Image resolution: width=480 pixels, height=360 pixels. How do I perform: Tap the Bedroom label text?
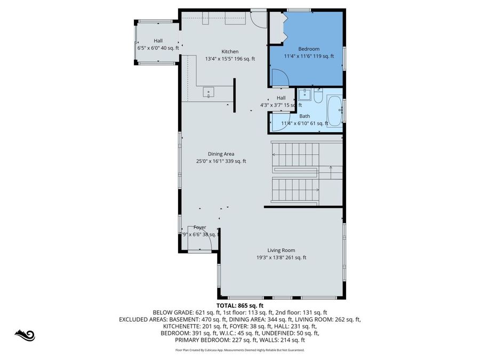pos(308,49)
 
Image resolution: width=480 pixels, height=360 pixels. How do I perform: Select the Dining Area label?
pos(221,154)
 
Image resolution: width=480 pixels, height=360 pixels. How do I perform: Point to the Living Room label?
pos(281,250)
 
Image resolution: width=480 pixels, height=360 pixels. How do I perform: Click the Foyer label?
pos(199,228)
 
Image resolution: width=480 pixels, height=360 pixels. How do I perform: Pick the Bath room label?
pos(305,116)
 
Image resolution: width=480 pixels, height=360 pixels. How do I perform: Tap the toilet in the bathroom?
pos(318,97)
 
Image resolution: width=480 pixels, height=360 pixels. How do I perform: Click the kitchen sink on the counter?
pos(209,93)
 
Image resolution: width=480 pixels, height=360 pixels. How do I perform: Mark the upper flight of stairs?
pos(295,154)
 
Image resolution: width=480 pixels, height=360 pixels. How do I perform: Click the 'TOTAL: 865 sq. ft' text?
pos(239,306)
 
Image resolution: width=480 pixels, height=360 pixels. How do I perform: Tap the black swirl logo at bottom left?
pos(25,335)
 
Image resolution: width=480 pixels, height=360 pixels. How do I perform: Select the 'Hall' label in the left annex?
pos(158,41)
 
